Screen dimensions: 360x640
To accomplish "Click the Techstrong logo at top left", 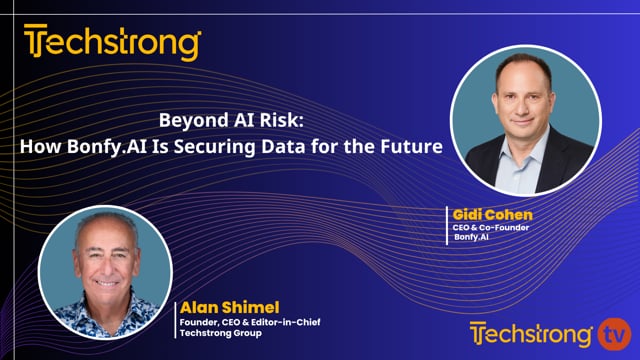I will coord(112,44).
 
